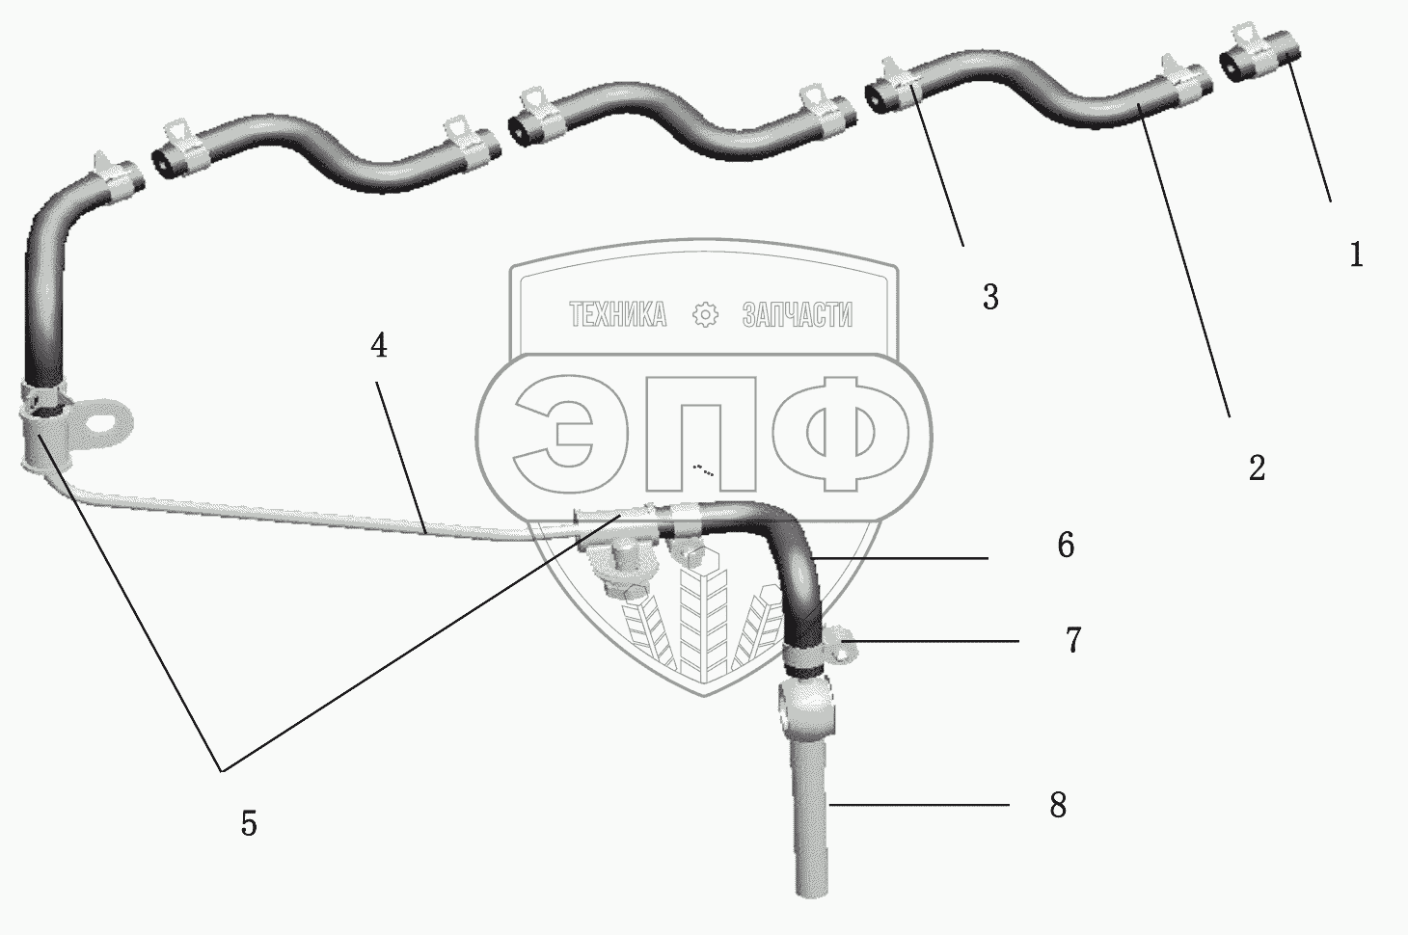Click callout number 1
pos(1356,254)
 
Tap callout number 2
pos(1257,468)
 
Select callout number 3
pos(990,298)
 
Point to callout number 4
pos(379,345)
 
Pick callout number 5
pos(249,823)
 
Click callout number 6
pos(1066,546)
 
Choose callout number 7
pos(1073,639)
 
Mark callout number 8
pos(1058,804)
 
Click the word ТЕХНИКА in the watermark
pos(617,315)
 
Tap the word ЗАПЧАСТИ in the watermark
pos(798,315)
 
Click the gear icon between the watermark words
pos(707,315)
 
